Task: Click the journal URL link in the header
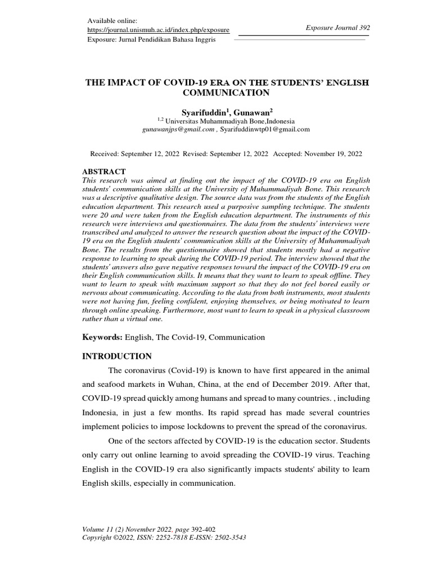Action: pos(158,30)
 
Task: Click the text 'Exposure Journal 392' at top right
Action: pos(337,27)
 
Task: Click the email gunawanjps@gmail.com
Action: pos(178,129)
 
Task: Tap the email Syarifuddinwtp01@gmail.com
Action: pos(265,129)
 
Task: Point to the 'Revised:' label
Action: pos(193,153)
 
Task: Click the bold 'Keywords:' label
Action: pos(102,337)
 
